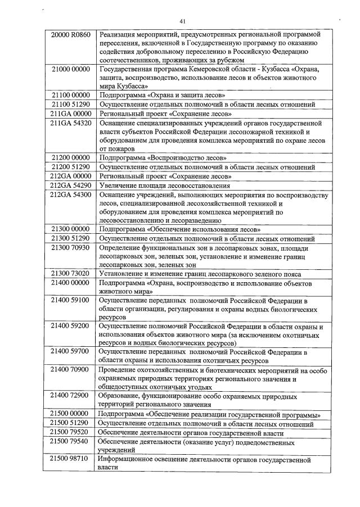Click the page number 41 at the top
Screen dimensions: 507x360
pyautogui.click(x=182, y=21)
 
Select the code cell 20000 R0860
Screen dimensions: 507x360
pyautogui.click(x=70, y=35)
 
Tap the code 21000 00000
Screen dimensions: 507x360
pyautogui.click(x=70, y=69)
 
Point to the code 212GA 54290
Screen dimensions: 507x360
pyautogui.click(x=70, y=185)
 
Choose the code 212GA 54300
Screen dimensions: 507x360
pyautogui.click(x=70, y=194)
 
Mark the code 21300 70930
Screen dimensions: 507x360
pyautogui.click(x=70, y=247)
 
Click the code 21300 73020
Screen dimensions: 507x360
pyautogui.click(x=70, y=274)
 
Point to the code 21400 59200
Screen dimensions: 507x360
pyautogui.click(x=70, y=327)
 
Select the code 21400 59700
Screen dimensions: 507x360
pyautogui.click(x=70, y=352)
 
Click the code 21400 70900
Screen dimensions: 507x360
pyautogui.click(x=70, y=370)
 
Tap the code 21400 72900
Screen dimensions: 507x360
pyautogui.click(x=70, y=396)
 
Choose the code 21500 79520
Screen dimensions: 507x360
pyautogui.click(x=70, y=432)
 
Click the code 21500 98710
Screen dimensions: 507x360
pyautogui.click(x=70, y=459)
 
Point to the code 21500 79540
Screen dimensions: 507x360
pyautogui.click(x=70, y=442)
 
